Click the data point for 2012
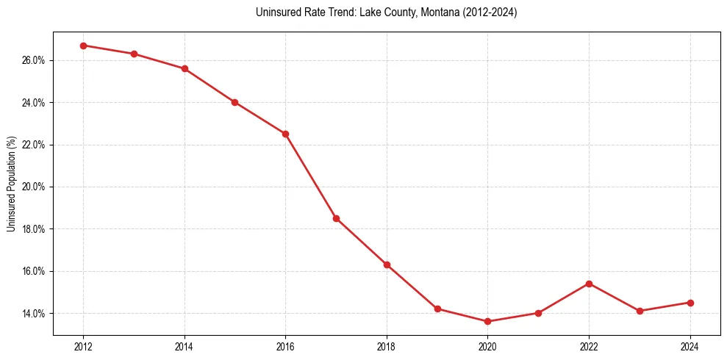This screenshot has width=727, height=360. click(x=83, y=46)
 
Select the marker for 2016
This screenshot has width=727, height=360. click(x=285, y=134)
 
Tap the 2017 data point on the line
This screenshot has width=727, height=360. click(x=336, y=218)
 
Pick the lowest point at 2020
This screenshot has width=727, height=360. click(x=487, y=321)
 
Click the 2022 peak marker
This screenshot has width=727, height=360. click(x=589, y=284)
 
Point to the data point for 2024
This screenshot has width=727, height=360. click(x=690, y=303)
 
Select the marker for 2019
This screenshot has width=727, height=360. click(x=437, y=309)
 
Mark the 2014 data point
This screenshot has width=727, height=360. click(x=185, y=68)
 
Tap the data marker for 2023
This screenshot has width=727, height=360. click(x=640, y=311)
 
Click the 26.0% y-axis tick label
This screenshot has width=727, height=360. click(x=33, y=60)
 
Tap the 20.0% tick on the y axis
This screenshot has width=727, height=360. click(x=33, y=187)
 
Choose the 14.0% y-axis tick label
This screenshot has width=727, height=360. click(x=33, y=314)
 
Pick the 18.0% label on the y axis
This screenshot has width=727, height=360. click(x=33, y=229)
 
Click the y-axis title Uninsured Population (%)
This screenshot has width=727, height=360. click(x=11, y=184)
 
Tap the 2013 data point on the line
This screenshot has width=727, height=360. click(x=134, y=54)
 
